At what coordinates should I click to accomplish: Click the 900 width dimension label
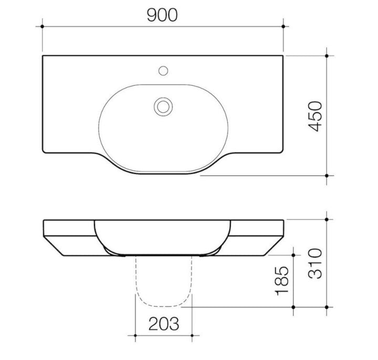pyautogui.click(x=162, y=15)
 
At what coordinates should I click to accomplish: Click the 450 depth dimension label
pyautogui.click(x=315, y=116)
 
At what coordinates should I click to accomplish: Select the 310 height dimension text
pyautogui.click(x=315, y=263)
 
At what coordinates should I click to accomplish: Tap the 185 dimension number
pyautogui.click(x=282, y=281)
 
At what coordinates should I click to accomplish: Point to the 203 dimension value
pyautogui.click(x=164, y=324)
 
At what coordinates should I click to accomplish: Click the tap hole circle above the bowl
pyautogui.click(x=163, y=71)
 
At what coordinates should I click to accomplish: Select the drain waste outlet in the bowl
pyautogui.click(x=163, y=107)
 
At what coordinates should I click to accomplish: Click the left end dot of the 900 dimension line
pyautogui.click(x=43, y=26)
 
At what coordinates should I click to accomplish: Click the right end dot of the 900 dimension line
pyautogui.click(x=283, y=26)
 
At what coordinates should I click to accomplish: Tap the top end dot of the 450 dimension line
pyautogui.click(x=327, y=56)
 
